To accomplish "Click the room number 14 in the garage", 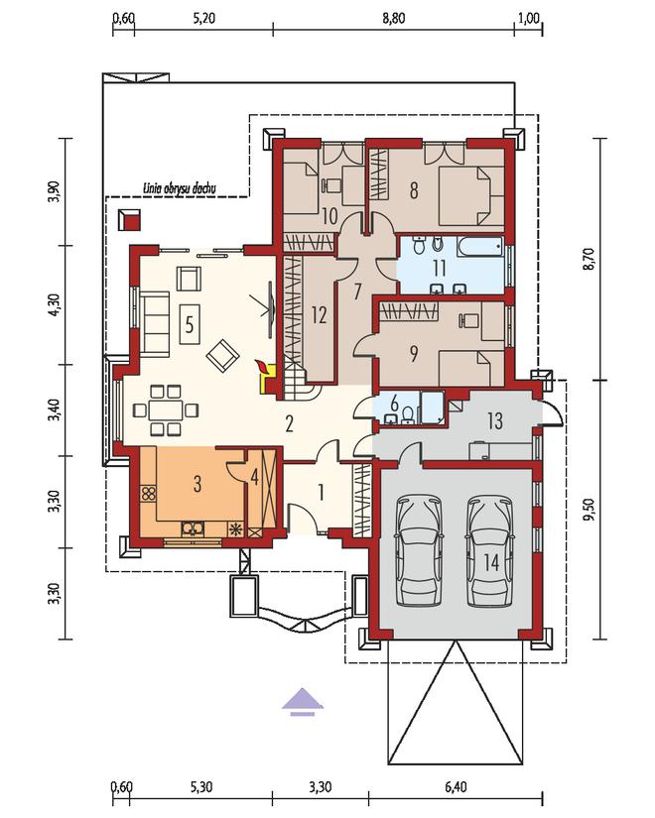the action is pos(491,563).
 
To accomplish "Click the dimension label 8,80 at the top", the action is pos(393,19).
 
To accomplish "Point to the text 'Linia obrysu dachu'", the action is pos(180,188).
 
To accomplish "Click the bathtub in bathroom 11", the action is pos(480,246).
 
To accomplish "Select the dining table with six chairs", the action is pos(165,410).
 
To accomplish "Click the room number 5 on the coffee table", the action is pos(190,324).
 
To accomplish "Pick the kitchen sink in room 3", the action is pos(193,529).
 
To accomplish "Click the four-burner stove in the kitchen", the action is pos(148,494).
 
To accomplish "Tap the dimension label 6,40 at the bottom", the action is pos(456,785).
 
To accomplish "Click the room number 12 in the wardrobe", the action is pos(319,314).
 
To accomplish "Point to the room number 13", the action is pos(494,420).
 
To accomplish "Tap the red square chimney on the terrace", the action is pos(129,220).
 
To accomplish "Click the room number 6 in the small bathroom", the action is pos(394,403).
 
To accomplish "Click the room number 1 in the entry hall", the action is pos(321,493).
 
